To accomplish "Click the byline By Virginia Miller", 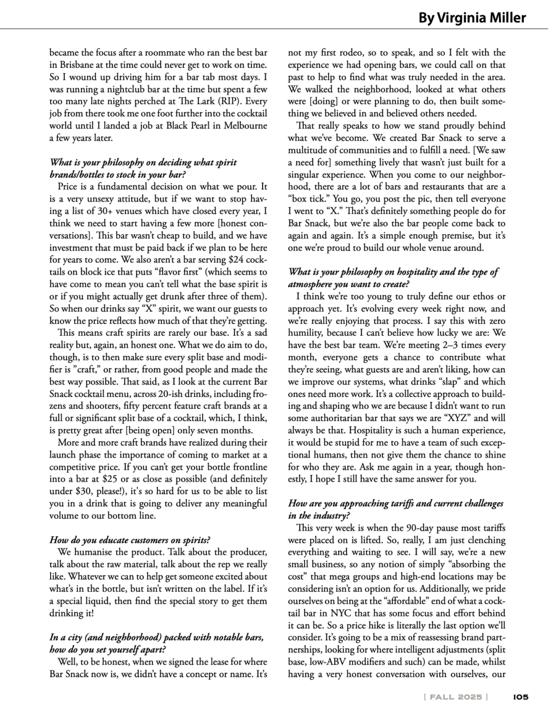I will click(x=472, y=18).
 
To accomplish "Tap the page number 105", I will click(x=521, y=697).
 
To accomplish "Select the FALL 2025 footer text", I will click(x=455, y=697).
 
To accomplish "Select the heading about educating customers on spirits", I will click(x=130, y=540).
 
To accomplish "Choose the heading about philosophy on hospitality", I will click(x=393, y=277).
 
